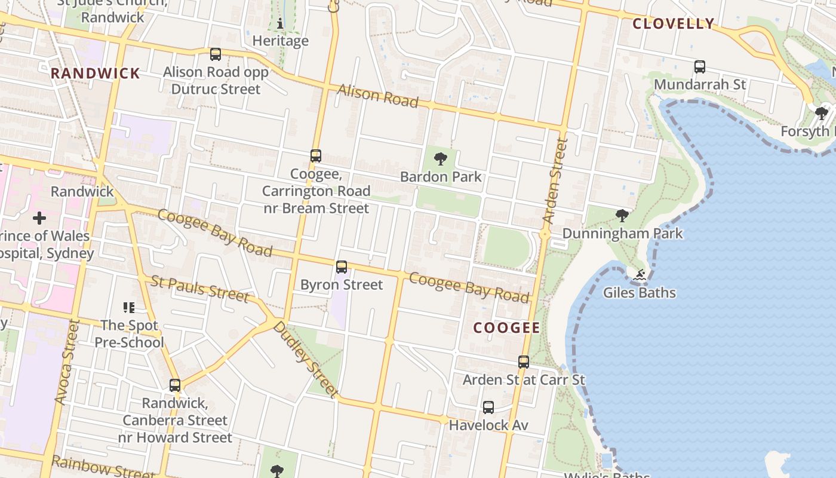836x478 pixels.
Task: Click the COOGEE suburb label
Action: point(506,327)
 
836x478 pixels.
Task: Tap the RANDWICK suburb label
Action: point(96,73)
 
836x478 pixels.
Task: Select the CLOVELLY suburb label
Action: point(673,24)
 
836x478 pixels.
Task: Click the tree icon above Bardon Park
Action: point(441,159)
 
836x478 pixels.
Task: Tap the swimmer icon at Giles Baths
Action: point(640,275)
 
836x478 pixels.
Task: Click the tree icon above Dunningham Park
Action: point(622,216)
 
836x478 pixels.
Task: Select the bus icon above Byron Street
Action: point(342,267)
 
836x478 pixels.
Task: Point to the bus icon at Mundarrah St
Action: point(700,67)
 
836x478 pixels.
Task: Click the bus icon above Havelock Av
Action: point(488,407)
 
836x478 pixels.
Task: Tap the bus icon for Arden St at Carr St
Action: point(524,362)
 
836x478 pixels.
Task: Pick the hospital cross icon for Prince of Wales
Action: point(39,218)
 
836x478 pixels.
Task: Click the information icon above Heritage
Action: point(280,24)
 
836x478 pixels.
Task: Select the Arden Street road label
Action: point(554,182)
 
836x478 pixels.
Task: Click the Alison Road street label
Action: point(378,96)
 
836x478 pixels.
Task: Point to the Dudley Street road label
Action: point(305,360)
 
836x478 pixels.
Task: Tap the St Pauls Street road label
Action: point(199,289)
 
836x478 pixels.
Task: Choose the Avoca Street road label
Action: point(67,361)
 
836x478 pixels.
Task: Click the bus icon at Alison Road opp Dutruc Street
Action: point(216,54)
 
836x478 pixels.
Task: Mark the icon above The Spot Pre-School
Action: point(129,308)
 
